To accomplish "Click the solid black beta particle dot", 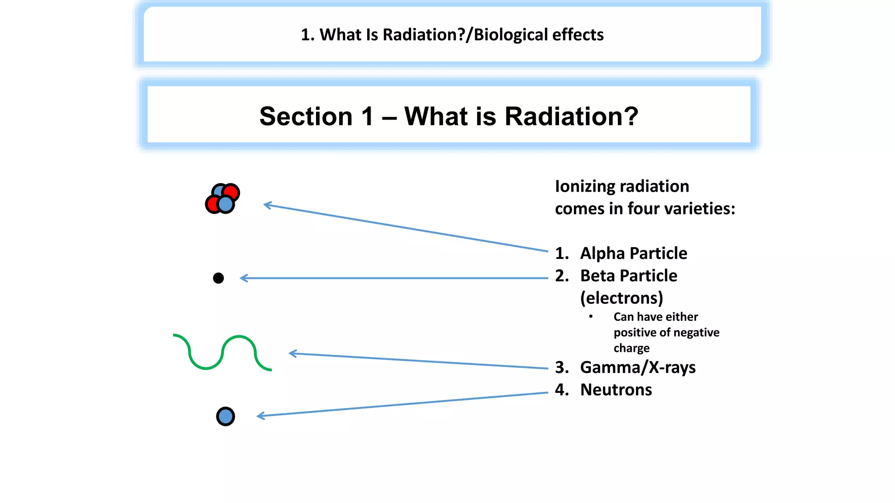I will point(219,278).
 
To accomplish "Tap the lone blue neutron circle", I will point(225,416).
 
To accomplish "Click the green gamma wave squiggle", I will point(222,352).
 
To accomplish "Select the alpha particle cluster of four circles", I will point(222,199).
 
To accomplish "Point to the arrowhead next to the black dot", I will point(243,278).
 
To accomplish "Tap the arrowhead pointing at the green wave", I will point(292,353).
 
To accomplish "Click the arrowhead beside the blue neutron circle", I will point(260,416).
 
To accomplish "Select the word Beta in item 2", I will point(597,276).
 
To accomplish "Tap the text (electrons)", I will point(621,298).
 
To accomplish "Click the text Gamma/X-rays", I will point(638,368).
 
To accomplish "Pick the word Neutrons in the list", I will point(616,390).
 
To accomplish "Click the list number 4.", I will point(561,390).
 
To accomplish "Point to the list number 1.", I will point(561,253).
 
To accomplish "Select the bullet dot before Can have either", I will point(591,317).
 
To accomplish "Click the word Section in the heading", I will point(305,117).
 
